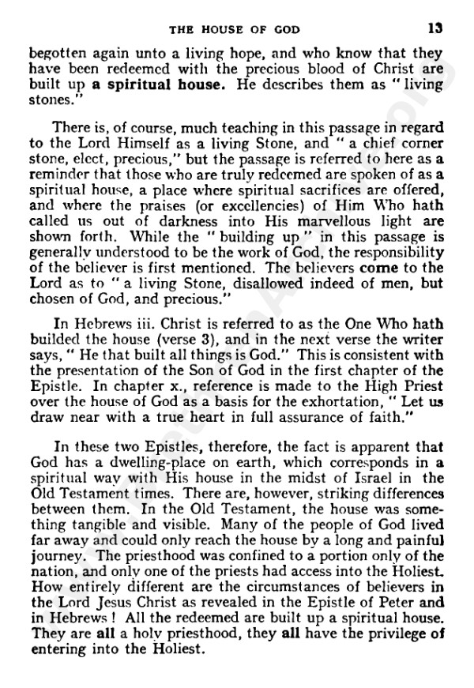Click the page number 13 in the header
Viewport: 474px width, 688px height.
coord(434,29)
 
